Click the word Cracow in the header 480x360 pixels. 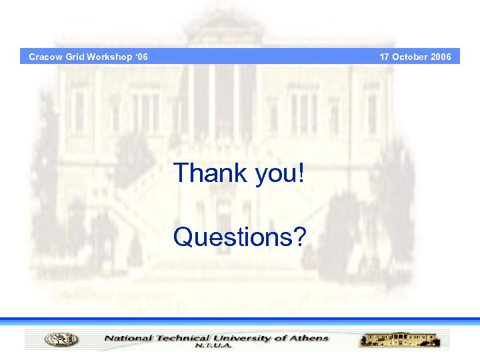[45, 57]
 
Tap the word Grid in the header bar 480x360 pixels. [75, 57]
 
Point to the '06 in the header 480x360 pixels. [141, 57]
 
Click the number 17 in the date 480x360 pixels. [385, 57]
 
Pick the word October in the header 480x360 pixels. [410, 57]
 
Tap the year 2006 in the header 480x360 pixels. [441, 57]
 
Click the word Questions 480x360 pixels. [231, 236]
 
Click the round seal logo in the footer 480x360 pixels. [61, 339]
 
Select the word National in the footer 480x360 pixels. [127, 338]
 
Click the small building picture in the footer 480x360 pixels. [400, 339]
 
